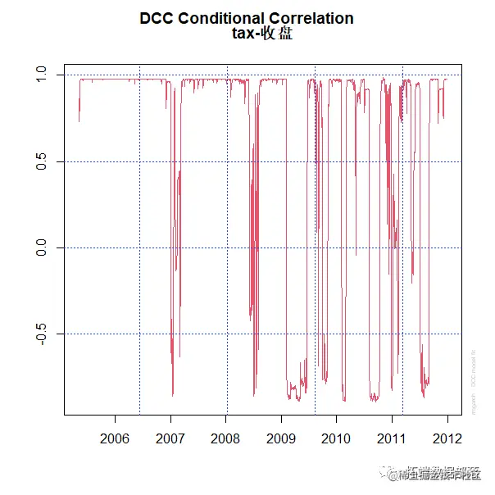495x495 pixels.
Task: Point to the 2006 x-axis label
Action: [x=115, y=437]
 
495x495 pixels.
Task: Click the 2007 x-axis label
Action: [x=170, y=437]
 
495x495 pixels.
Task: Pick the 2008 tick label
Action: [x=226, y=437]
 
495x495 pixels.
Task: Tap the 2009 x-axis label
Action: [x=281, y=437]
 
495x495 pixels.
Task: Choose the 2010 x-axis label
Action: [x=337, y=437]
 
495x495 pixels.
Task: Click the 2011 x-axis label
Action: [x=392, y=437]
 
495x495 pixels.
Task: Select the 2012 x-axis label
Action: [x=447, y=437]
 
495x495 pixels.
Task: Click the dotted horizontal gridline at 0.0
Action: [x=205, y=247]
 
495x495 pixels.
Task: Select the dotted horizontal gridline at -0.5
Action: [x=205, y=334]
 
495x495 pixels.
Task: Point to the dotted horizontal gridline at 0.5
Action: [x=205, y=161]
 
